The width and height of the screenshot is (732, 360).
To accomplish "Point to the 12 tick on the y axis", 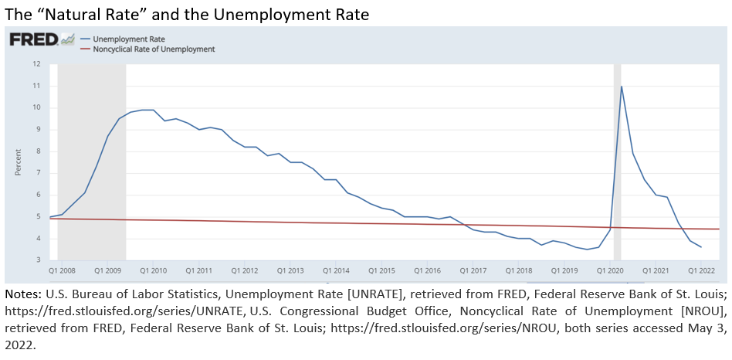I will (36, 63).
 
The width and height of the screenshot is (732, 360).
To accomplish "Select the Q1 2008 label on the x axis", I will (62, 270).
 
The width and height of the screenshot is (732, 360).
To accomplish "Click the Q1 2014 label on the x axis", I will (336, 270).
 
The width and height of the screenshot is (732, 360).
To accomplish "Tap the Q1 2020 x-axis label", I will (610, 270).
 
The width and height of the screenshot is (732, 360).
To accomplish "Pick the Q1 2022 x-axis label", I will (701, 270).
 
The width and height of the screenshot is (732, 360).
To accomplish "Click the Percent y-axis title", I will (18, 162).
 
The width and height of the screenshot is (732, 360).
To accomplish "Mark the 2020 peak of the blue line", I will (622, 86).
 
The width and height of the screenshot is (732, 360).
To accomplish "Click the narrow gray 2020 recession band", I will (617, 170).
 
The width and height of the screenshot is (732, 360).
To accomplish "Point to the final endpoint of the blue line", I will (701, 247).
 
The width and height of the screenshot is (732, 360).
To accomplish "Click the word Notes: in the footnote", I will (23, 294).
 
